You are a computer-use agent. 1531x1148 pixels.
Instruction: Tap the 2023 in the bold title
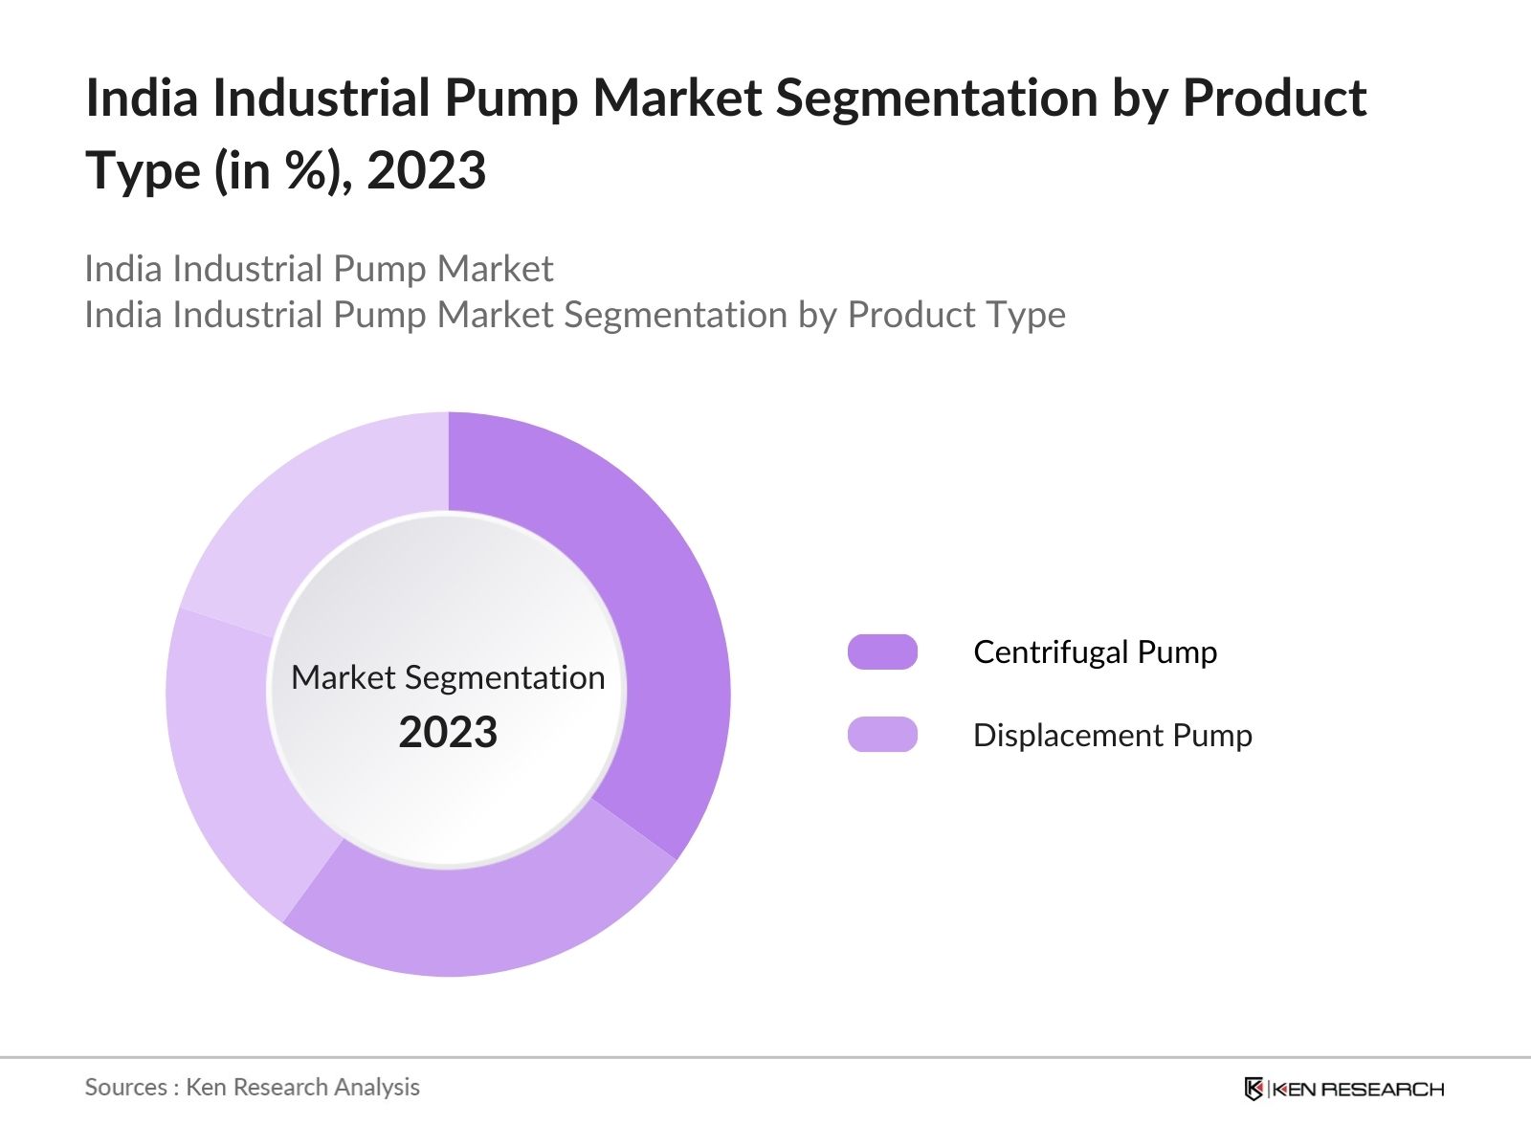point(426,172)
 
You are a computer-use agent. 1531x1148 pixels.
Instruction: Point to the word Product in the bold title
point(1274,99)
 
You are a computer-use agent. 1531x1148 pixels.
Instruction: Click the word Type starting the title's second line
point(143,172)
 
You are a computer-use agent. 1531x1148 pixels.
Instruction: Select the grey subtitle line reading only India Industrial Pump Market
point(319,269)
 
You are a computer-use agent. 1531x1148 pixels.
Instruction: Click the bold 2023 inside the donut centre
point(448,733)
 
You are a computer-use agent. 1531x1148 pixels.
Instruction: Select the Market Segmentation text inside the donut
point(448,677)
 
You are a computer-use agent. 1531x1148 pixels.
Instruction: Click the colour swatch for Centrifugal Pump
point(882,651)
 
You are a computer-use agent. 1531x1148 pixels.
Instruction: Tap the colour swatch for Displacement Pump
point(882,735)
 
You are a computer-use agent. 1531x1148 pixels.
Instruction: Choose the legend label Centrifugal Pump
point(1095,651)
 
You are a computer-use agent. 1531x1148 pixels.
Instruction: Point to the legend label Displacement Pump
point(1112,735)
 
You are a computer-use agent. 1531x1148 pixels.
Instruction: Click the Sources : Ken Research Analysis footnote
point(252,1087)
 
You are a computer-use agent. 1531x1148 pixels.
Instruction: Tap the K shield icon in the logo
point(1254,1089)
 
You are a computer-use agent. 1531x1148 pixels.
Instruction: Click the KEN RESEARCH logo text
point(1358,1089)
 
